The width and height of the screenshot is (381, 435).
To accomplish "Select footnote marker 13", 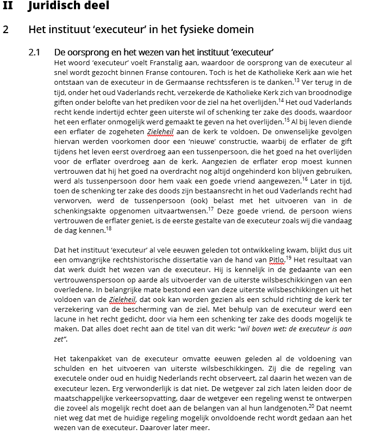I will [x=296, y=80].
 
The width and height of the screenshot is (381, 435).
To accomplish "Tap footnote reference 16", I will [x=304, y=178].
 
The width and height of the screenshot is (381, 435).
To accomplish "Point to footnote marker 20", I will [x=311, y=406].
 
